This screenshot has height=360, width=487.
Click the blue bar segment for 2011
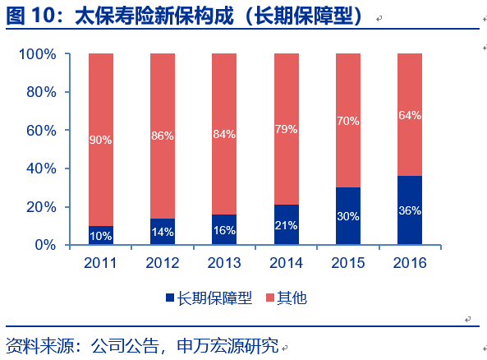coord(100,235)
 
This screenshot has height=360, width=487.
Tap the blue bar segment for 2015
coord(347,216)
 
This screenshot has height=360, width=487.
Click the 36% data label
coord(409,210)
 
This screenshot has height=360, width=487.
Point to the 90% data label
coord(100,140)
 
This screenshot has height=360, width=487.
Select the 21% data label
coord(286,225)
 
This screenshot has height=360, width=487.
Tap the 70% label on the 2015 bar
coord(347,121)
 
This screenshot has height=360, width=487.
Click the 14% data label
coord(162,232)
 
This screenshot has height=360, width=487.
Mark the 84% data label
coord(223,134)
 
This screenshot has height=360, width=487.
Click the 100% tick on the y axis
coord(37,54)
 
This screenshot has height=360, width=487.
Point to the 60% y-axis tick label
coord(40,131)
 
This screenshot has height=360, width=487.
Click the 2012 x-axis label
coord(162,263)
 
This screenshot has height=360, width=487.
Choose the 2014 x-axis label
coord(286,263)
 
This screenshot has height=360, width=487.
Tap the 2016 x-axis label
coord(409,263)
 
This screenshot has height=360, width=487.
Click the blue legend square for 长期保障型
coord(171,298)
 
